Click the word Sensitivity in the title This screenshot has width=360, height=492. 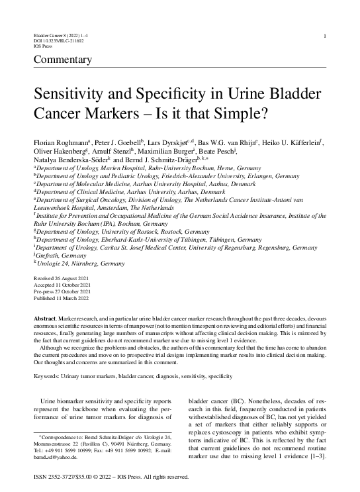pos(73,93)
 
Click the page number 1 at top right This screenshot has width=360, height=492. pos(323,36)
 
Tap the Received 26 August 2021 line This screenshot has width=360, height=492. pos(59,279)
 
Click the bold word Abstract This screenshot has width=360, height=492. pos(45,319)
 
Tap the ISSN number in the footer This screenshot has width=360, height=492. pos(56,477)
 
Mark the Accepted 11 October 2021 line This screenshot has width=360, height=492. pos(60,285)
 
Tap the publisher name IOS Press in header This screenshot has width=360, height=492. pos(42,47)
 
